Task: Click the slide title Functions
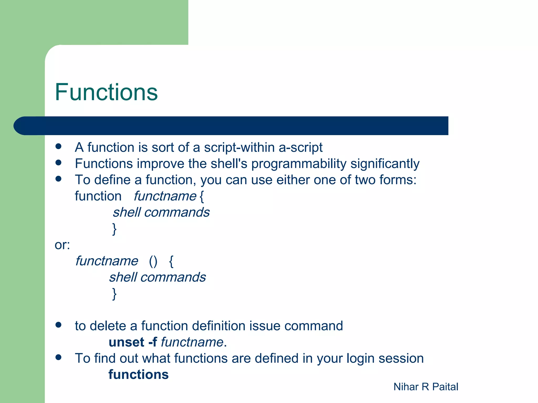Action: tap(106, 92)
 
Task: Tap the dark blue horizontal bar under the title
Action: tap(231, 126)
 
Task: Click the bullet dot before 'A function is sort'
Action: tap(58, 146)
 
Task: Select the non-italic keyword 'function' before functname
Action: tap(98, 196)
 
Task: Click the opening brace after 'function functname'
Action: tap(201, 197)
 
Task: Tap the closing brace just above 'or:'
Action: tap(114, 229)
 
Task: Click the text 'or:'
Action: tap(62, 245)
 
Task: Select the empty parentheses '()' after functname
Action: tap(153, 261)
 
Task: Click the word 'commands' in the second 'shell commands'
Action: tap(173, 277)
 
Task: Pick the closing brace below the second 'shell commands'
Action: tap(114, 294)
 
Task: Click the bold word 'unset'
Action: tap(126, 342)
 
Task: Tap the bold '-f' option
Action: tap(153, 342)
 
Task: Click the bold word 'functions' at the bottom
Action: tap(138, 374)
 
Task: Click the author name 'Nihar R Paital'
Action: tap(426, 387)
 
